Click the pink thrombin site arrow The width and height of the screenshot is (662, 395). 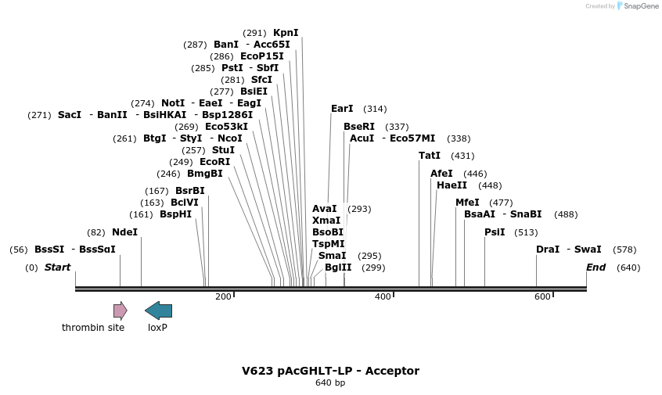tap(120, 311)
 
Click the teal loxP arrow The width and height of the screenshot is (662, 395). tap(158, 311)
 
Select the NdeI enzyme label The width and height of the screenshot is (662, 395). tap(124, 232)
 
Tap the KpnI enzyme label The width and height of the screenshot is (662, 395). tap(286, 33)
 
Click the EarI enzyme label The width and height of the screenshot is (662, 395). tap(342, 109)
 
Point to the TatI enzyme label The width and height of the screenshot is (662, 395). tap(430, 156)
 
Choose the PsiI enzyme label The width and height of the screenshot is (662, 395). tap(495, 232)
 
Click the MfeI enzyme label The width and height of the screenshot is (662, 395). tap(467, 203)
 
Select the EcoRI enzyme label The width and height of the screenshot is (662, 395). tap(215, 162)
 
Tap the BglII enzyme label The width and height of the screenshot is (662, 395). tap(338, 268)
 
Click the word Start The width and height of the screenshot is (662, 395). tap(57, 268)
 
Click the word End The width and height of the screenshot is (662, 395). tap(596, 268)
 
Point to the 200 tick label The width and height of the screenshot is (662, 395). tap(223, 297)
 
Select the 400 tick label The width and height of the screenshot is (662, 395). tap(383, 297)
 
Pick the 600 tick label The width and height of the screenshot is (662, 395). tap(542, 297)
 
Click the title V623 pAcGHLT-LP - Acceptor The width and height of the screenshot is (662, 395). tap(330, 371)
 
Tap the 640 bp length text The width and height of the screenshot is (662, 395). tap(330, 383)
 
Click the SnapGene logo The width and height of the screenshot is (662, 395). tap(638, 6)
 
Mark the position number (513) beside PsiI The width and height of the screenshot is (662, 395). tap(526, 232)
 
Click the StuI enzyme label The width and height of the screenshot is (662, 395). tap(223, 150)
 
